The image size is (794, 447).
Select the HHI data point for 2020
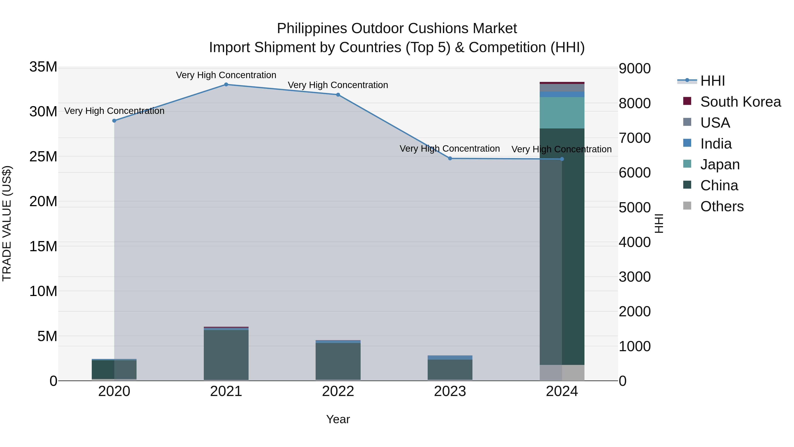[x=114, y=121]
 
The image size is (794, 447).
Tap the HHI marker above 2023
[x=450, y=158]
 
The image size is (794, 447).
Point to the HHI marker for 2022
[x=338, y=95]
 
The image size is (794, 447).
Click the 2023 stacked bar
[x=450, y=369]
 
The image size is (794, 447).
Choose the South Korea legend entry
[x=740, y=102]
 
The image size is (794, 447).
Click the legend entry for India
[x=715, y=144]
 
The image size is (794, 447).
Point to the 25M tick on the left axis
[x=43, y=157]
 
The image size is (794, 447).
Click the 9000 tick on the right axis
[x=635, y=68]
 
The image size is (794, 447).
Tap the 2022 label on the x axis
[x=338, y=391]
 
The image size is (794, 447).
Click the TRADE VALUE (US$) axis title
[x=7, y=223]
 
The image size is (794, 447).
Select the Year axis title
[x=338, y=419]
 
